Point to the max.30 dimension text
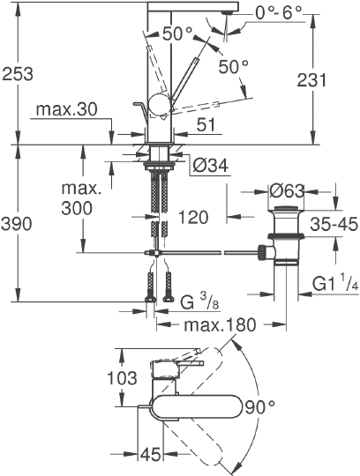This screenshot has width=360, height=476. [x=65, y=110]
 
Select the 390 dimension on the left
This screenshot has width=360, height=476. [x=19, y=223]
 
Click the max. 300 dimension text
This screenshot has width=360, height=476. [x=81, y=199]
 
